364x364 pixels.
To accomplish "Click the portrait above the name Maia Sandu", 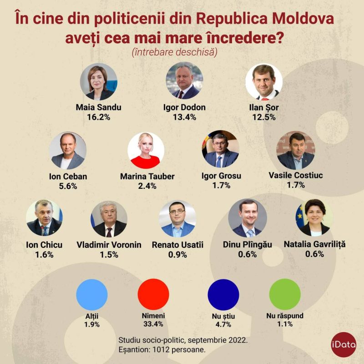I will tap(99, 82).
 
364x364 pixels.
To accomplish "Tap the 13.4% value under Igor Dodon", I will tap(184, 117).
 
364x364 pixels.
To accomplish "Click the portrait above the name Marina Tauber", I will tap(146, 151).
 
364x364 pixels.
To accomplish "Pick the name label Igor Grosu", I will tap(221, 176).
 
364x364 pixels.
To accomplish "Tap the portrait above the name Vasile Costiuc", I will tap(295, 151).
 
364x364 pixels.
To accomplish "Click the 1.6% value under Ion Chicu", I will tap(44, 255).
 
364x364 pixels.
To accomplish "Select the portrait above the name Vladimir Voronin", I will tap(109, 219).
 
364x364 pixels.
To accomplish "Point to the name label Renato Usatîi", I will tap(177, 245).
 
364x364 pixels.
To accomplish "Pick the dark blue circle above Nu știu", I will tap(223, 294).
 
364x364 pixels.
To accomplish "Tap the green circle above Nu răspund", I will tap(285, 294).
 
